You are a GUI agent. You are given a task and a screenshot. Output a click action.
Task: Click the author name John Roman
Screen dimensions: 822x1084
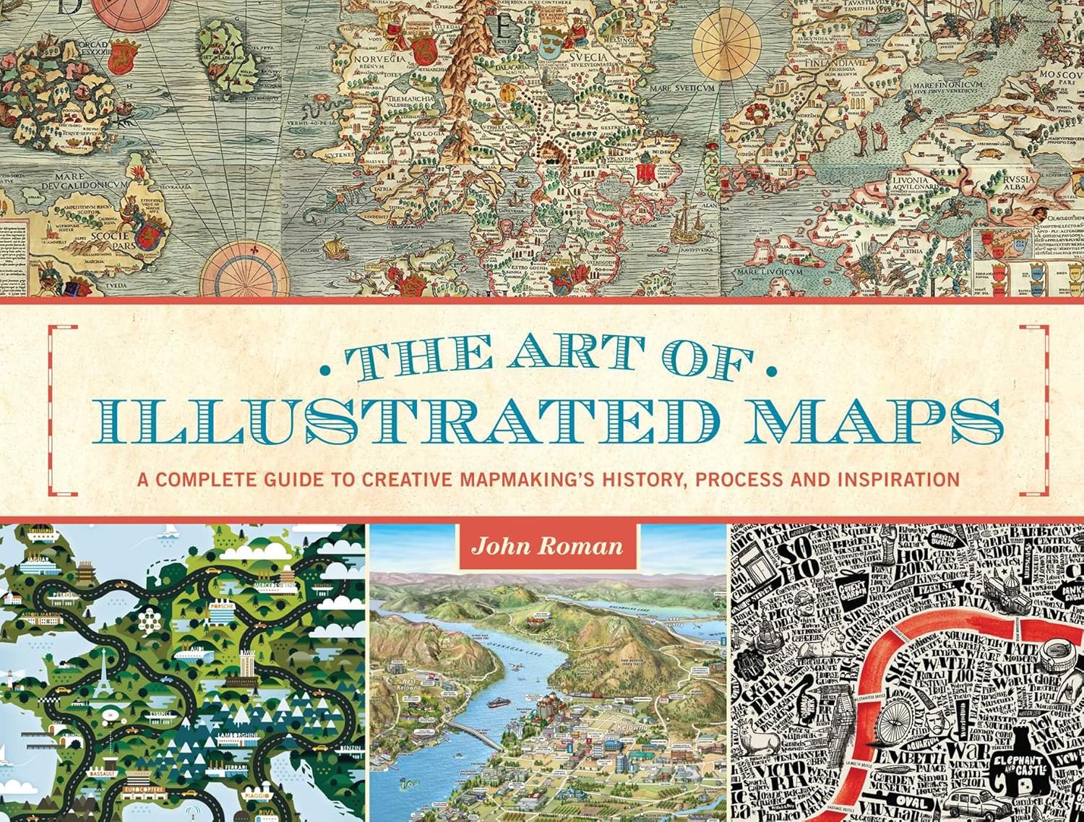pyautogui.click(x=546, y=546)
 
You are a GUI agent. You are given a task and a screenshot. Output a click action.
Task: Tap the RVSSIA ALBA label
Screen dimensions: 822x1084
pyautogui.click(x=1015, y=183)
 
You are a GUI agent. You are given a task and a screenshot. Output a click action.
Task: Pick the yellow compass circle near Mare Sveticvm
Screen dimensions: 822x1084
pyautogui.click(x=723, y=46)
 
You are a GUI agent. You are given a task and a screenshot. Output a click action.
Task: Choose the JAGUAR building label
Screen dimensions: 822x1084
pyautogui.click(x=38, y=559)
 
